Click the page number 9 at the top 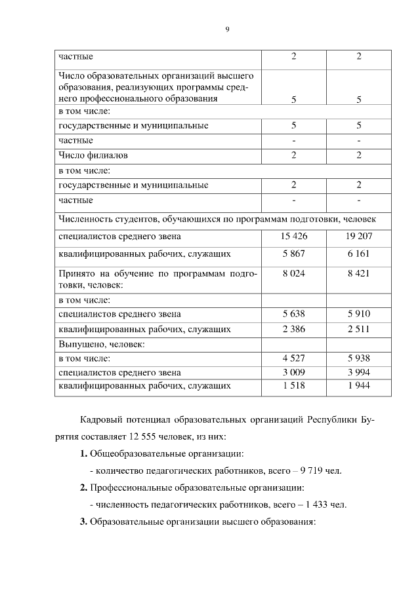tap(227, 29)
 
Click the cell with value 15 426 tap(294, 236)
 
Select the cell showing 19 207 tap(359, 236)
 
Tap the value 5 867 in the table tap(294, 253)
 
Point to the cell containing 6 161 tap(359, 253)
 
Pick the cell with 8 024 tap(294, 273)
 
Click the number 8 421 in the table tap(359, 273)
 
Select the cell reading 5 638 tap(294, 314)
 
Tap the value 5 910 tap(359, 314)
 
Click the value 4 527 tap(294, 358)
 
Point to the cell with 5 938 tap(359, 358)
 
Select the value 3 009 tap(294, 372)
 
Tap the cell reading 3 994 tap(359, 372)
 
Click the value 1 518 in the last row tap(294, 386)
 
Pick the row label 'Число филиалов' tap(93, 155)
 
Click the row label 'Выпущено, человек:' tap(101, 343)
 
